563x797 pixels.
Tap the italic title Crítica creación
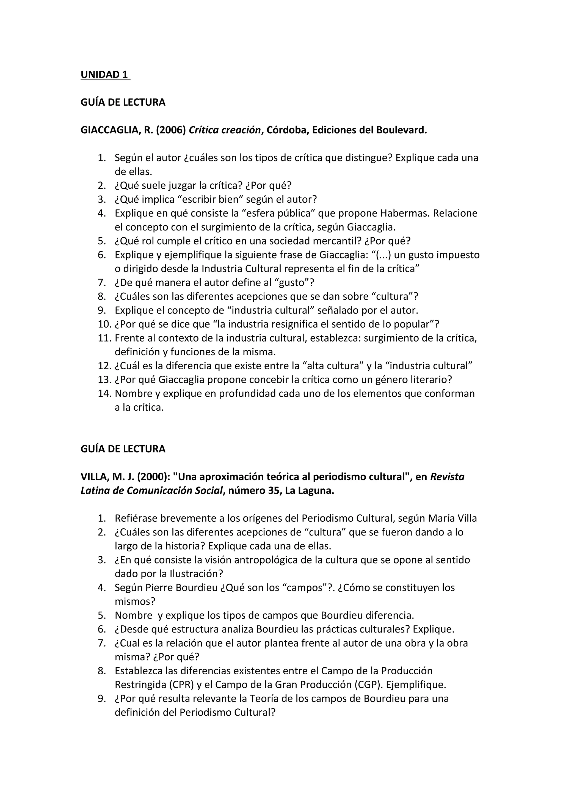pos(224,130)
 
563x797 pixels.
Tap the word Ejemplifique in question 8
pos(416,685)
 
